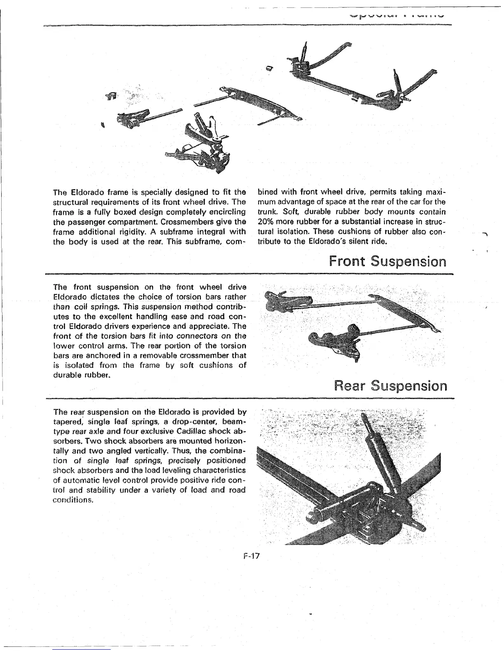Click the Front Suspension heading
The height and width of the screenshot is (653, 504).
pos(387,262)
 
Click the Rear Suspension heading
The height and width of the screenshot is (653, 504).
pos(390,386)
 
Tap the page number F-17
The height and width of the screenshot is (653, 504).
pos(250,556)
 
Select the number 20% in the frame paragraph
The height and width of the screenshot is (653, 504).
pos(266,222)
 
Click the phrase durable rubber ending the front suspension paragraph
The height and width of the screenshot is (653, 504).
pos(82,375)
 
